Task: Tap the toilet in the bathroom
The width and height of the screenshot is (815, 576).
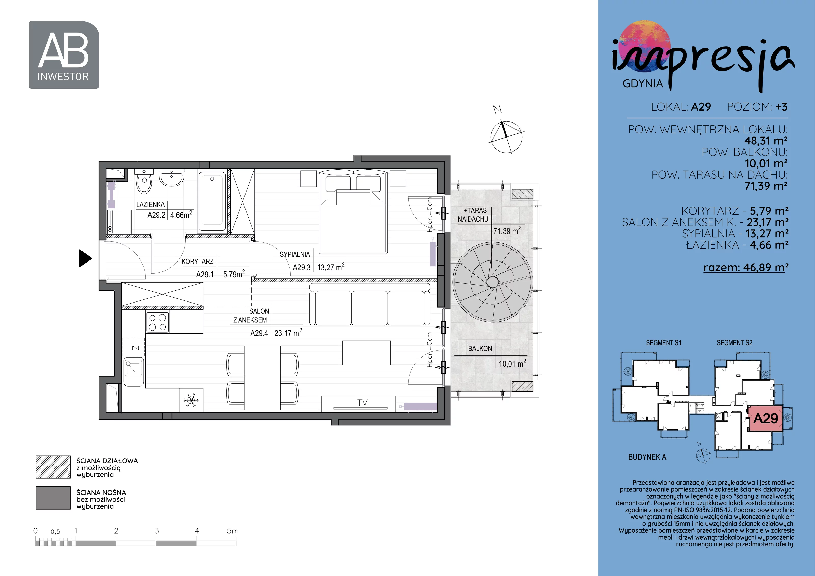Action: (x=144, y=181)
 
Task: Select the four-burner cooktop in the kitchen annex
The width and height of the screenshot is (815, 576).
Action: (x=157, y=322)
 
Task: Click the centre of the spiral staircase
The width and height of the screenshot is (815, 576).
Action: (x=492, y=282)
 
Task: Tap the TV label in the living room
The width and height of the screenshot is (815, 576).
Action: (x=362, y=402)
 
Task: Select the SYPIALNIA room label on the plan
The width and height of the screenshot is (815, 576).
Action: (x=295, y=254)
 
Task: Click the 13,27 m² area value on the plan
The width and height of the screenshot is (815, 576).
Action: (x=331, y=267)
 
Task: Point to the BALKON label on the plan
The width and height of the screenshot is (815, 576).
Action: (x=480, y=349)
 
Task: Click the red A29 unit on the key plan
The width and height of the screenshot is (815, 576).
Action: (x=765, y=418)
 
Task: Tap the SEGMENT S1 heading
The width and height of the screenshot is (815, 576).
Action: (x=663, y=343)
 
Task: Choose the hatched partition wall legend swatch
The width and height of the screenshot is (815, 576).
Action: (x=53, y=467)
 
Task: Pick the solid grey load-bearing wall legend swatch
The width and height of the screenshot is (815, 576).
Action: (x=53, y=498)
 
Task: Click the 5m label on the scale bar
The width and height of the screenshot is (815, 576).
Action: (x=233, y=531)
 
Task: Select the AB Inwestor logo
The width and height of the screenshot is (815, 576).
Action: (x=64, y=55)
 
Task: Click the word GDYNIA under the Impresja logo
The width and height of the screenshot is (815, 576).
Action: (x=643, y=84)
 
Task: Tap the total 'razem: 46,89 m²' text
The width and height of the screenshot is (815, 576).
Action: (x=746, y=267)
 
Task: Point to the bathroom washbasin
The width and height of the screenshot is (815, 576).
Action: (x=171, y=177)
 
